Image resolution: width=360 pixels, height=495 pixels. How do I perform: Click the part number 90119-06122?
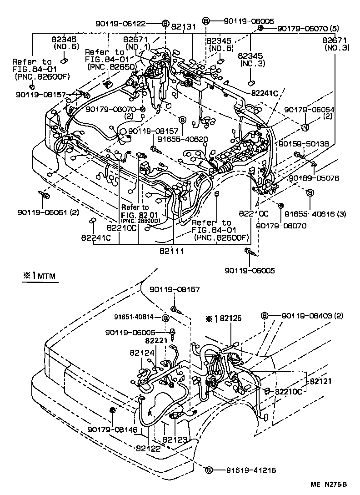(127, 24)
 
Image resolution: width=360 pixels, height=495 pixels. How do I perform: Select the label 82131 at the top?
(183, 27)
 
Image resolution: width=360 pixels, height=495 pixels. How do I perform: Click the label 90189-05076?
(314, 178)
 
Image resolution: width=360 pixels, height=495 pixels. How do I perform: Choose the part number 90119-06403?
(310, 316)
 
